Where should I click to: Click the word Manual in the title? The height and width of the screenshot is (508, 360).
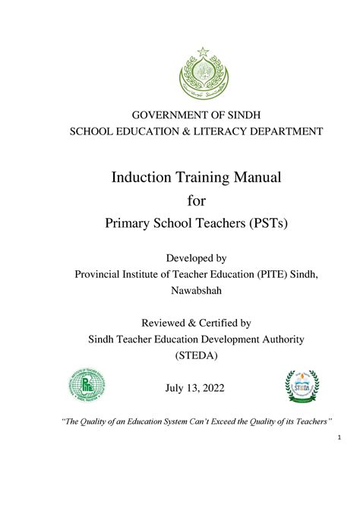(x=257, y=177)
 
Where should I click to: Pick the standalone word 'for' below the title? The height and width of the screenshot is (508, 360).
(x=197, y=201)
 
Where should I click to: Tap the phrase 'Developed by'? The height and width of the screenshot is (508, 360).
(x=197, y=259)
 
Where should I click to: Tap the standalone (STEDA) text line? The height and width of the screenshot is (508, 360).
(x=197, y=355)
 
